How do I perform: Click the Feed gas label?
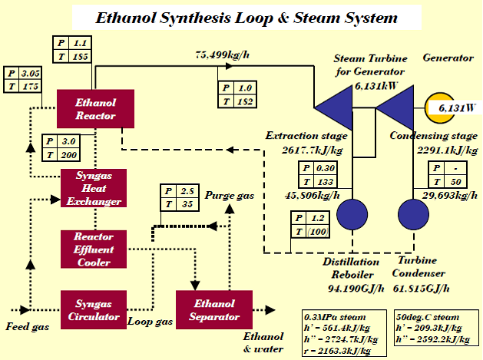click(x=24, y=327)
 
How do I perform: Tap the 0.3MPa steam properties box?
click(x=345, y=332)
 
